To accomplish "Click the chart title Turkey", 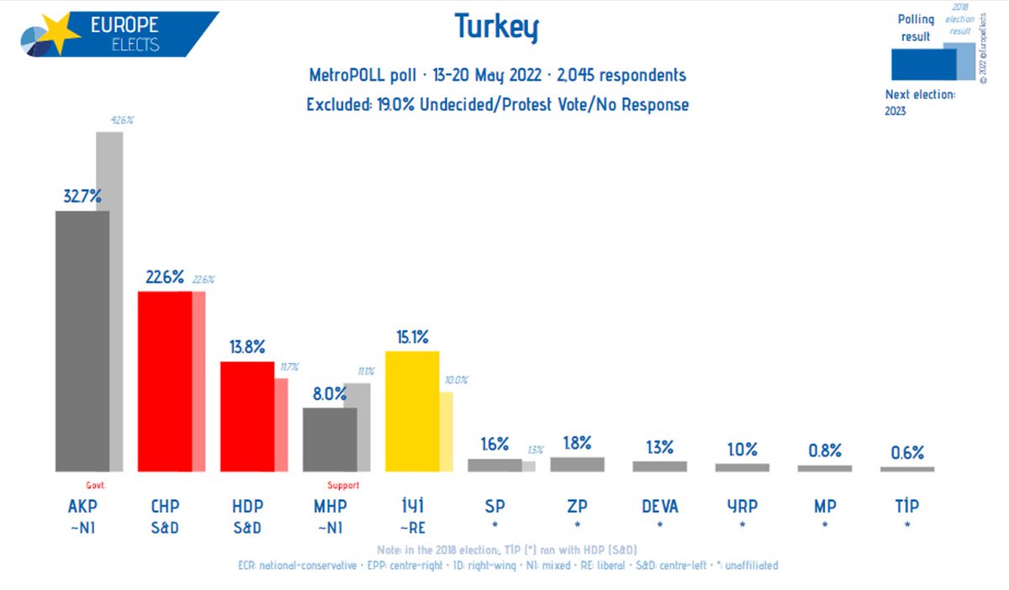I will [496, 28].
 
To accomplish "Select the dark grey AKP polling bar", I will [82, 340].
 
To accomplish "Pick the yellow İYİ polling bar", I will [412, 411].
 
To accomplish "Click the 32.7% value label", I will [82, 197].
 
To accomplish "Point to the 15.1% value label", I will [412, 337].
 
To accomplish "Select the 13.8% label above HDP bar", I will [247, 346].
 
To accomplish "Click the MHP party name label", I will [330, 506].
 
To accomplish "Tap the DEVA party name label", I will [659, 506].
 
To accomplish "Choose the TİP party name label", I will [906, 506].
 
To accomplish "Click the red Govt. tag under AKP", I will [95, 485].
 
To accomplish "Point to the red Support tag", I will [343, 485].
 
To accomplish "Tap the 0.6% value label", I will [907, 453].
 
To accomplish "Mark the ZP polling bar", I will [577, 464].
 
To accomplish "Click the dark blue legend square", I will [922, 63].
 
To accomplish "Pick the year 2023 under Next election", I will [895, 110].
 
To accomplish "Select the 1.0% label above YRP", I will [742, 450].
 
